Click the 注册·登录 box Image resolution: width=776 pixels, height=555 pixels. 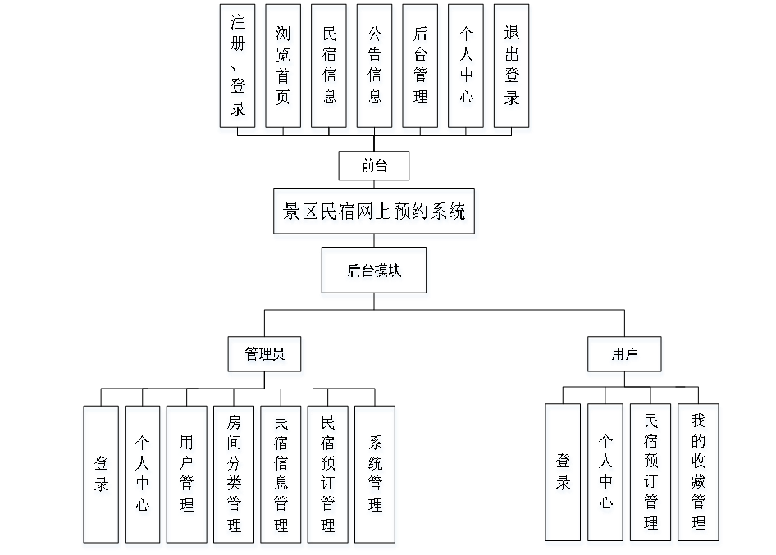[x=238, y=69]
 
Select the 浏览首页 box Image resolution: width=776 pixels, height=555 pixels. [x=284, y=69]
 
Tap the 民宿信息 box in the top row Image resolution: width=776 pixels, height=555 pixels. [x=330, y=69]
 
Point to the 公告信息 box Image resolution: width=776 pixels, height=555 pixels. [x=376, y=69]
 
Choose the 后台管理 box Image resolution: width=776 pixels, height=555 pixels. [x=422, y=69]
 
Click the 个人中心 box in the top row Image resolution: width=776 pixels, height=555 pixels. [x=467, y=69]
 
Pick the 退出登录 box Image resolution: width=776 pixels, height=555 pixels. [x=513, y=69]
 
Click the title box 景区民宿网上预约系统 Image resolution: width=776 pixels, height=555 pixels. [x=376, y=214]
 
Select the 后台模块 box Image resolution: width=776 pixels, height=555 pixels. [x=375, y=273]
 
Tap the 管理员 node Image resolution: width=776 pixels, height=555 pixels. [x=266, y=357]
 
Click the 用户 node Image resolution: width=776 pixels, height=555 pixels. [x=625, y=357]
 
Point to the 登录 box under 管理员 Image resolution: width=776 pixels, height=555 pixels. [x=103, y=477]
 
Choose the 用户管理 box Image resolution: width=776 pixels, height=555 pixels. [x=188, y=477]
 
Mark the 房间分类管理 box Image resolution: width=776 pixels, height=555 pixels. [x=235, y=477]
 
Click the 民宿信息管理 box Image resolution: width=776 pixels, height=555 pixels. [x=281, y=477]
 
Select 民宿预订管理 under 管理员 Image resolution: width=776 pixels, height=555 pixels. [x=329, y=477]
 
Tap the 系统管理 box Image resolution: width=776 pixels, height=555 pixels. [x=376, y=477]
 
